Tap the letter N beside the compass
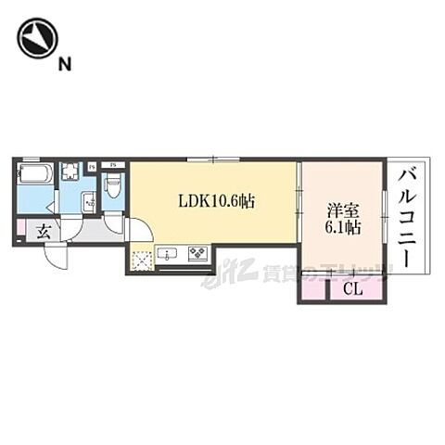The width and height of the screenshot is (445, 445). click(x=64, y=64)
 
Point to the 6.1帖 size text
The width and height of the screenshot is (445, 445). click(x=343, y=227)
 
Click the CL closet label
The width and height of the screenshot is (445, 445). click(x=352, y=289)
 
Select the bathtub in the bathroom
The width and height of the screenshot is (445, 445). click(x=34, y=175)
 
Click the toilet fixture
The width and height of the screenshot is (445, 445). click(x=113, y=185)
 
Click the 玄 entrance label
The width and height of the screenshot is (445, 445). click(x=43, y=233)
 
